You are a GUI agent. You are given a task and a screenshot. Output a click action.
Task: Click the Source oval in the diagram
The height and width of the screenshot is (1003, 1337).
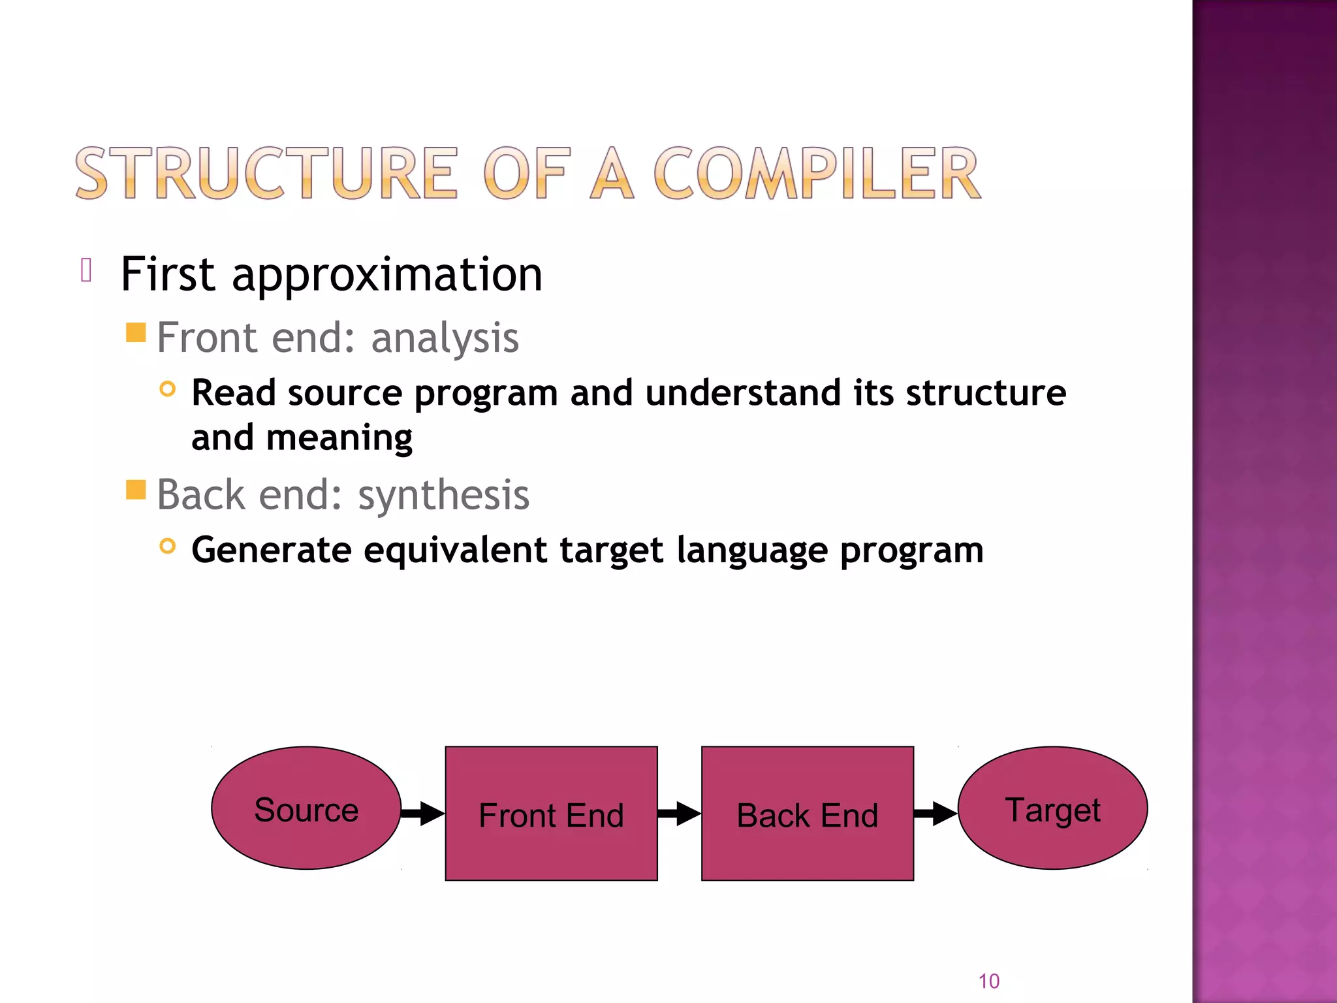[306, 808]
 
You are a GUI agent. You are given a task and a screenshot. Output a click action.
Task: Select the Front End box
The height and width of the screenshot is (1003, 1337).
[551, 814]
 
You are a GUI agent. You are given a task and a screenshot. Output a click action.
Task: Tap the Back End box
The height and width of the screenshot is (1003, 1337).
[807, 814]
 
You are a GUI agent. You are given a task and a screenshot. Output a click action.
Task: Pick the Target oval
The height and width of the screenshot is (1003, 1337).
[1052, 808]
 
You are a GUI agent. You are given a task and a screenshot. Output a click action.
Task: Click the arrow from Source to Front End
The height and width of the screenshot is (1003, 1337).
[423, 813]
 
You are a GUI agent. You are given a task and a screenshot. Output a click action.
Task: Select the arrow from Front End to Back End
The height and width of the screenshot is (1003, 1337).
[680, 813]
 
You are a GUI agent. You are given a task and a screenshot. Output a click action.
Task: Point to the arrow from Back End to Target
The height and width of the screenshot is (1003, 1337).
[936, 813]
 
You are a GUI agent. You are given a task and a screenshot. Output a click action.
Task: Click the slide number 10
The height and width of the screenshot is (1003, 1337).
[988, 981]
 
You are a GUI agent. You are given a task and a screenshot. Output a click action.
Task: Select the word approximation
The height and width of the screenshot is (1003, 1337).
[386, 274]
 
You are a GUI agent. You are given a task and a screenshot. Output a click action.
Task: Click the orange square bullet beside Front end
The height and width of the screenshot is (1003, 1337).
[136, 332]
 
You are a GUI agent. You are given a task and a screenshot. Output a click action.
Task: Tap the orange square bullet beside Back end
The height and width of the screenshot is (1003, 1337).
[136, 489]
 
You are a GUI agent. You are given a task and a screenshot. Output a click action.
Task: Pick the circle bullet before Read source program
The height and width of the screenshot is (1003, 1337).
[168, 389]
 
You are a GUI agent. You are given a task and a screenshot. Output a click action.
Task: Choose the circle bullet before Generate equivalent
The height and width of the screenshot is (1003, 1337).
[168, 546]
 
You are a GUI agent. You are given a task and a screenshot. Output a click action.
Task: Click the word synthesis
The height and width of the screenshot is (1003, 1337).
[443, 495]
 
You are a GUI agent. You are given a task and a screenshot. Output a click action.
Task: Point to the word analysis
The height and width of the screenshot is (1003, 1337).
[445, 338]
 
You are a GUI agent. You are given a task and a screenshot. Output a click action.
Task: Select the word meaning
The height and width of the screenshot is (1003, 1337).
[339, 437]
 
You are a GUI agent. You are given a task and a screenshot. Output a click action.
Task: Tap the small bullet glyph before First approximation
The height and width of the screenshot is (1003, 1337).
[86, 270]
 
